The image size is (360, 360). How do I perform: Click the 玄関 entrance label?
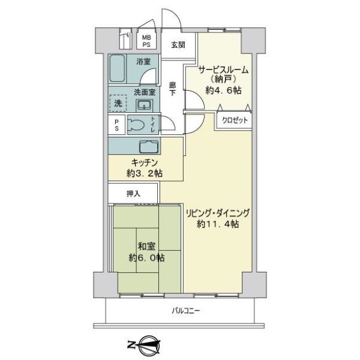[178, 45]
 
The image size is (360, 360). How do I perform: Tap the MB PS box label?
[146, 41]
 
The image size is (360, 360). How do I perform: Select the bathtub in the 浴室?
[117, 68]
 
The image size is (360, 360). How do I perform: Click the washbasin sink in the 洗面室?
[144, 105]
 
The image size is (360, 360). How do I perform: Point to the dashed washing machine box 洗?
[118, 103]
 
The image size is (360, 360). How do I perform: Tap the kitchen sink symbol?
[149, 147]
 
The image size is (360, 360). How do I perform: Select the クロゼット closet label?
[235, 121]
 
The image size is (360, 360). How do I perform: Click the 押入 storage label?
[133, 194]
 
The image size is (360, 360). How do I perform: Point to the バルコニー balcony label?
[186, 311]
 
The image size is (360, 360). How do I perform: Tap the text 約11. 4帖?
[218, 224]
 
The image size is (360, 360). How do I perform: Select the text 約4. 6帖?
[223, 91]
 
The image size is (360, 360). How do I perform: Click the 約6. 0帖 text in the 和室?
[146, 258]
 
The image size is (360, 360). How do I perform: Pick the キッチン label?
[145, 163]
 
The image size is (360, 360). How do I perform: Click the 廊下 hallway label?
[173, 89]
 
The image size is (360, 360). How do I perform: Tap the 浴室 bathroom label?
[143, 61]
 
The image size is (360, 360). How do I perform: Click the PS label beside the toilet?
[116, 125]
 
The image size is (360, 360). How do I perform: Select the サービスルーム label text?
[223, 70]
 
